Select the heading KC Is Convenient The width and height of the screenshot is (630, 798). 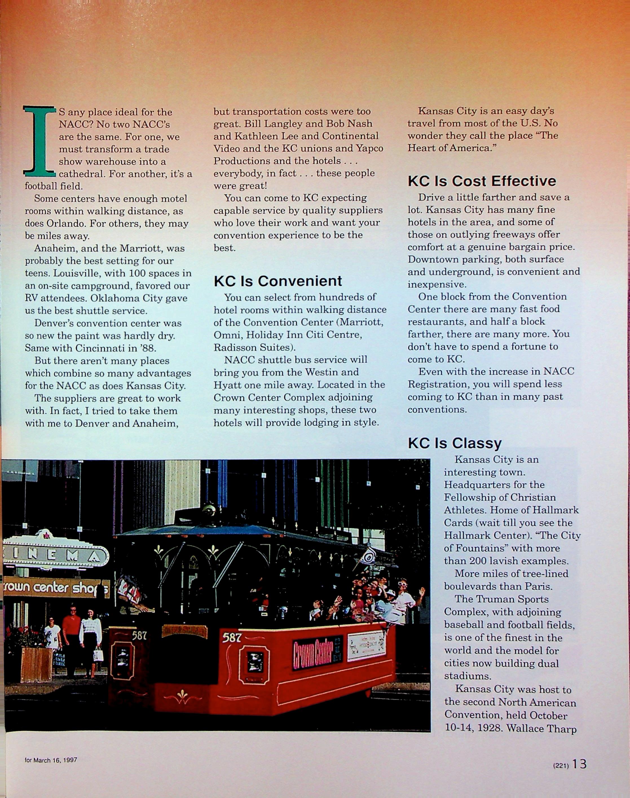coord(278,281)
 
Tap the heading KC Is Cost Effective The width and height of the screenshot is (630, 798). coord(482,181)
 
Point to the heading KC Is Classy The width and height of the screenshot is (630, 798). coord(454,443)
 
